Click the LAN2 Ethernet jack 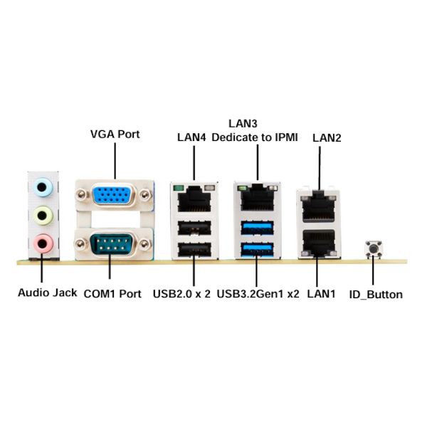(x=319, y=207)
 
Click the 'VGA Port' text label (x=115, y=134)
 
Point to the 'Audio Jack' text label (x=47, y=292)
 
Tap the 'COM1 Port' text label (x=112, y=293)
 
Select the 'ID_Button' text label (x=376, y=294)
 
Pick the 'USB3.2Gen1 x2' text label (x=258, y=293)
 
